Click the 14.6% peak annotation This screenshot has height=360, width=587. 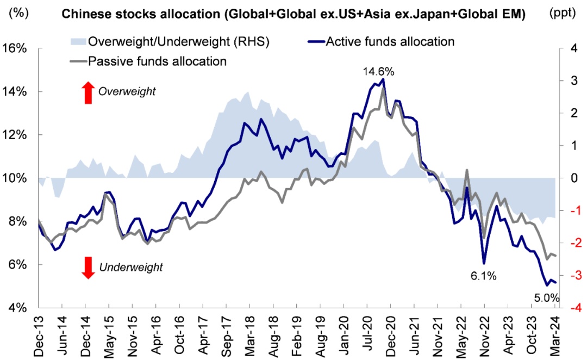click(379, 72)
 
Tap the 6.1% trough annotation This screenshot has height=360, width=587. click(483, 276)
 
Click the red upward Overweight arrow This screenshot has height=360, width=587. click(88, 93)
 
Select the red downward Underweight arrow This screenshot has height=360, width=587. click(88, 267)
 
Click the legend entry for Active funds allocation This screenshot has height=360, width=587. click(389, 41)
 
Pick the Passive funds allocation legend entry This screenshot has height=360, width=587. click(157, 61)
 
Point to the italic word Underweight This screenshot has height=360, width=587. click(130, 267)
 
